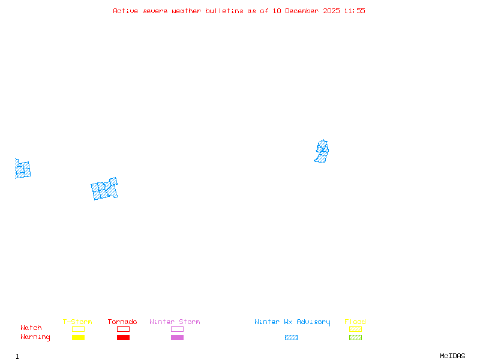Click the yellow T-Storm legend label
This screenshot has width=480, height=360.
(x=77, y=322)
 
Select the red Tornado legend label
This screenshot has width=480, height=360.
(x=122, y=322)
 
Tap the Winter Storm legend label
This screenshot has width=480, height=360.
(x=175, y=322)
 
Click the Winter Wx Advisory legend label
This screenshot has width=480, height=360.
(x=292, y=322)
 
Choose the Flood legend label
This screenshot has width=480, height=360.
(x=355, y=322)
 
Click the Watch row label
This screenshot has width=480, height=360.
(x=31, y=328)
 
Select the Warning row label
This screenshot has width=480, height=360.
(x=35, y=337)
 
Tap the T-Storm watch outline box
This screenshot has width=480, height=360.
(x=78, y=329)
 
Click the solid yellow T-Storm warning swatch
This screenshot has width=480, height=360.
(x=78, y=338)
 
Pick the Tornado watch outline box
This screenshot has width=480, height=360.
(x=123, y=329)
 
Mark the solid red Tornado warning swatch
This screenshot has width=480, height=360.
(x=123, y=338)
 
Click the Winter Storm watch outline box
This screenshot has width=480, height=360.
(x=177, y=329)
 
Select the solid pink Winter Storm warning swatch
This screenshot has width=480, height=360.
(x=177, y=338)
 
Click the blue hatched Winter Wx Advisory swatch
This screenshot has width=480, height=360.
(x=291, y=338)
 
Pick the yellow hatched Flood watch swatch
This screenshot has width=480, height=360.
(x=355, y=329)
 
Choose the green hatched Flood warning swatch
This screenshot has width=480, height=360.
(x=355, y=338)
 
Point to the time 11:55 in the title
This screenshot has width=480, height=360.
(x=354, y=11)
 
